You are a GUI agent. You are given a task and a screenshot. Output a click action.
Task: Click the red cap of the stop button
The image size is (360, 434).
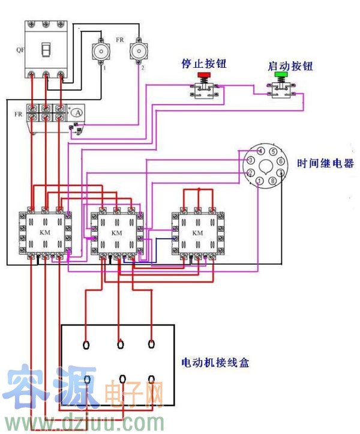click(x=204, y=76)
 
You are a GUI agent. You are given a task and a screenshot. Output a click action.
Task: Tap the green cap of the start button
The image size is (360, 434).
click(x=280, y=76)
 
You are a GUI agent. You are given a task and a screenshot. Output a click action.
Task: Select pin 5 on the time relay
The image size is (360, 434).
click(x=272, y=152)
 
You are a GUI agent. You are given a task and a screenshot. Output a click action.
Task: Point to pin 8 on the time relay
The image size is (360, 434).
click(x=272, y=181)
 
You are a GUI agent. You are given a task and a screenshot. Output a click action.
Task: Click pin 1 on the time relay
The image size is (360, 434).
click(x=259, y=181)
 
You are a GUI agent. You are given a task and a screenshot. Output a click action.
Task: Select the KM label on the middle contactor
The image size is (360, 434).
click(x=117, y=232)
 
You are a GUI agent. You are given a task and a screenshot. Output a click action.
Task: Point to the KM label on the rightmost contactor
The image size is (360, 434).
click(x=197, y=232)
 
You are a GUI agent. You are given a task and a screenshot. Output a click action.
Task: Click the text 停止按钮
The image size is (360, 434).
click(x=203, y=64)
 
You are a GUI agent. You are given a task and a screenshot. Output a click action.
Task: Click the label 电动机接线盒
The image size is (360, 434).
click(x=215, y=363)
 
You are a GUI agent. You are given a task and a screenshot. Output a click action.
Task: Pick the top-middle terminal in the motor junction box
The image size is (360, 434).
click(x=121, y=345)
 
